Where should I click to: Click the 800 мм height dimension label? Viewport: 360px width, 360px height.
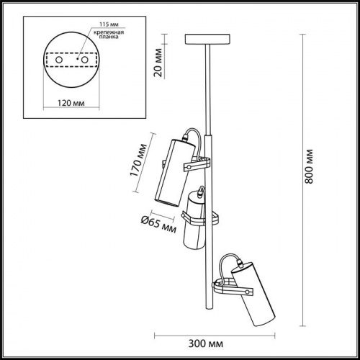point(309,166)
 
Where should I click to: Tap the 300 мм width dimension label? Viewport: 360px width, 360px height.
point(206,343)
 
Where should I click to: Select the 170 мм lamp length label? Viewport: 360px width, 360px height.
point(138,160)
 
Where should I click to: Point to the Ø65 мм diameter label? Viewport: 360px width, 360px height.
point(158,225)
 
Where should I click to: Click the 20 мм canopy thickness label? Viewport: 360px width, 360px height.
point(158,63)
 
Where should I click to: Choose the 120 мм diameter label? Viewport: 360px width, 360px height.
point(71,103)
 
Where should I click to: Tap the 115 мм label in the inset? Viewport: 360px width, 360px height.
point(109,24)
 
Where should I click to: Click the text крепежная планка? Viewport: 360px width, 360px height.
point(109,35)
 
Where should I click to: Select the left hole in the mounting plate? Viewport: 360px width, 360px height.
point(59,60)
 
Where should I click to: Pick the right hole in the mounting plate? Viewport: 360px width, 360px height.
point(85,60)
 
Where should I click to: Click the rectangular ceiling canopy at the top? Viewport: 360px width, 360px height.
point(207,40)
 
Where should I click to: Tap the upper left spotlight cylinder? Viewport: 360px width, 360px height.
point(174,172)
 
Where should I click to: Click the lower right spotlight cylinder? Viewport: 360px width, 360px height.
point(253,294)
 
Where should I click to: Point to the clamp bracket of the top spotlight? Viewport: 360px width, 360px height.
point(197,164)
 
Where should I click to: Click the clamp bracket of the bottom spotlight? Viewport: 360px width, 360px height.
point(233,287)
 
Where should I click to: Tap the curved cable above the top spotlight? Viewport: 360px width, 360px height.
point(198,139)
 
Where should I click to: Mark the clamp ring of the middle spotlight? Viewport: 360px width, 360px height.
point(200,218)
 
